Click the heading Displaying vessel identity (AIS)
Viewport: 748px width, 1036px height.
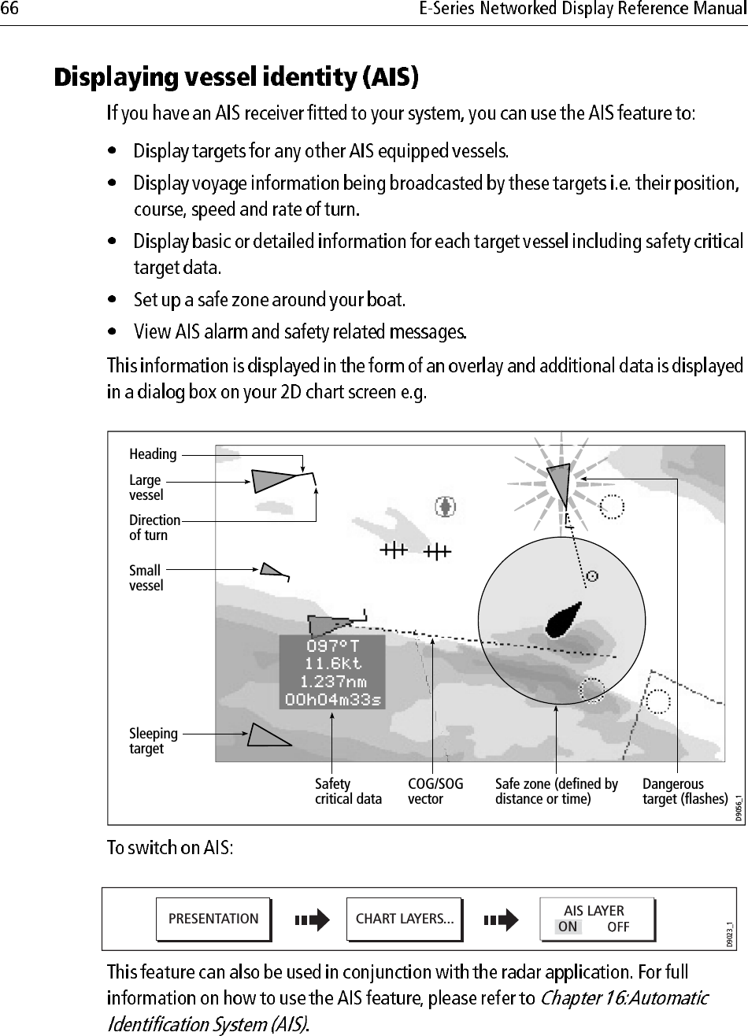coord(235,79)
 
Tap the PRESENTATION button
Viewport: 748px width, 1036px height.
coord(213,919)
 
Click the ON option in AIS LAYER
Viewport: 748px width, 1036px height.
coord(567,927)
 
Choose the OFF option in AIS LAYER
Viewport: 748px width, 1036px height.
coord(618,927)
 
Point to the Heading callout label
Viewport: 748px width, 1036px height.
coord(153,454)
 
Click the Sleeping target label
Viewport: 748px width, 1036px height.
coord(153,741)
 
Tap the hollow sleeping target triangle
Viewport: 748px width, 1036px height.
coord(266,736)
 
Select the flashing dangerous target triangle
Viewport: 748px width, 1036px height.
coord(559,482)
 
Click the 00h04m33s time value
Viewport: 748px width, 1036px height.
coord(332,699)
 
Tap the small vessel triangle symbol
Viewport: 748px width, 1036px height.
coord(271,570)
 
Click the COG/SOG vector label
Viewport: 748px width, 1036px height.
coord(435,791)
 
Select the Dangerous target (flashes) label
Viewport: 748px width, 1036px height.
coord(684,791)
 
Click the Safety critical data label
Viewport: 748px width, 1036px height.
coord(348,791)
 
